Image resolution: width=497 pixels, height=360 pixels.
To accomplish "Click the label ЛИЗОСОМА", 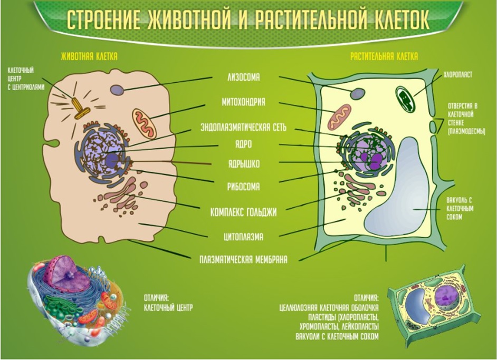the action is coord(243,77).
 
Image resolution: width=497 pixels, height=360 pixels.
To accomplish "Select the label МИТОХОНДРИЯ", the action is coord(243,102).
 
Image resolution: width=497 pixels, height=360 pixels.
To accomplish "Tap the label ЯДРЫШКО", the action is coord(244,164).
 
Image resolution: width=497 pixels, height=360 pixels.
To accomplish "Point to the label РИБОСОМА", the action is coord(243,187).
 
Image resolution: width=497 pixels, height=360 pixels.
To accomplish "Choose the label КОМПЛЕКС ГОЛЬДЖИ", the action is coord(243,212).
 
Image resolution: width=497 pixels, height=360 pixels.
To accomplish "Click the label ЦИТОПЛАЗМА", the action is coord(243,237).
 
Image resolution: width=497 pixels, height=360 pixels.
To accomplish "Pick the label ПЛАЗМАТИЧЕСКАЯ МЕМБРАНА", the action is coord(243,260).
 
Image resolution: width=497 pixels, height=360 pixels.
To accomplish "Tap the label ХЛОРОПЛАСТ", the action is coord(458,75).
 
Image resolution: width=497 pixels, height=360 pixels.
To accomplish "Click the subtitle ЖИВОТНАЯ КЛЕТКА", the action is coord(89,57).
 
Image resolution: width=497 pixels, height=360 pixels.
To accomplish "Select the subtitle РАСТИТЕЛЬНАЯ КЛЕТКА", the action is coord(384,57).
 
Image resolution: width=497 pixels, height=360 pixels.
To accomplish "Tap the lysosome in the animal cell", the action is coord(118,90).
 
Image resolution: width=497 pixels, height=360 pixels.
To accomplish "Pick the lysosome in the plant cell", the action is coord(358,94).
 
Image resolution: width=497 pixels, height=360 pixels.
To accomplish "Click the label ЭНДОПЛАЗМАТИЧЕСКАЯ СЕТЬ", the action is coord(243,127).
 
